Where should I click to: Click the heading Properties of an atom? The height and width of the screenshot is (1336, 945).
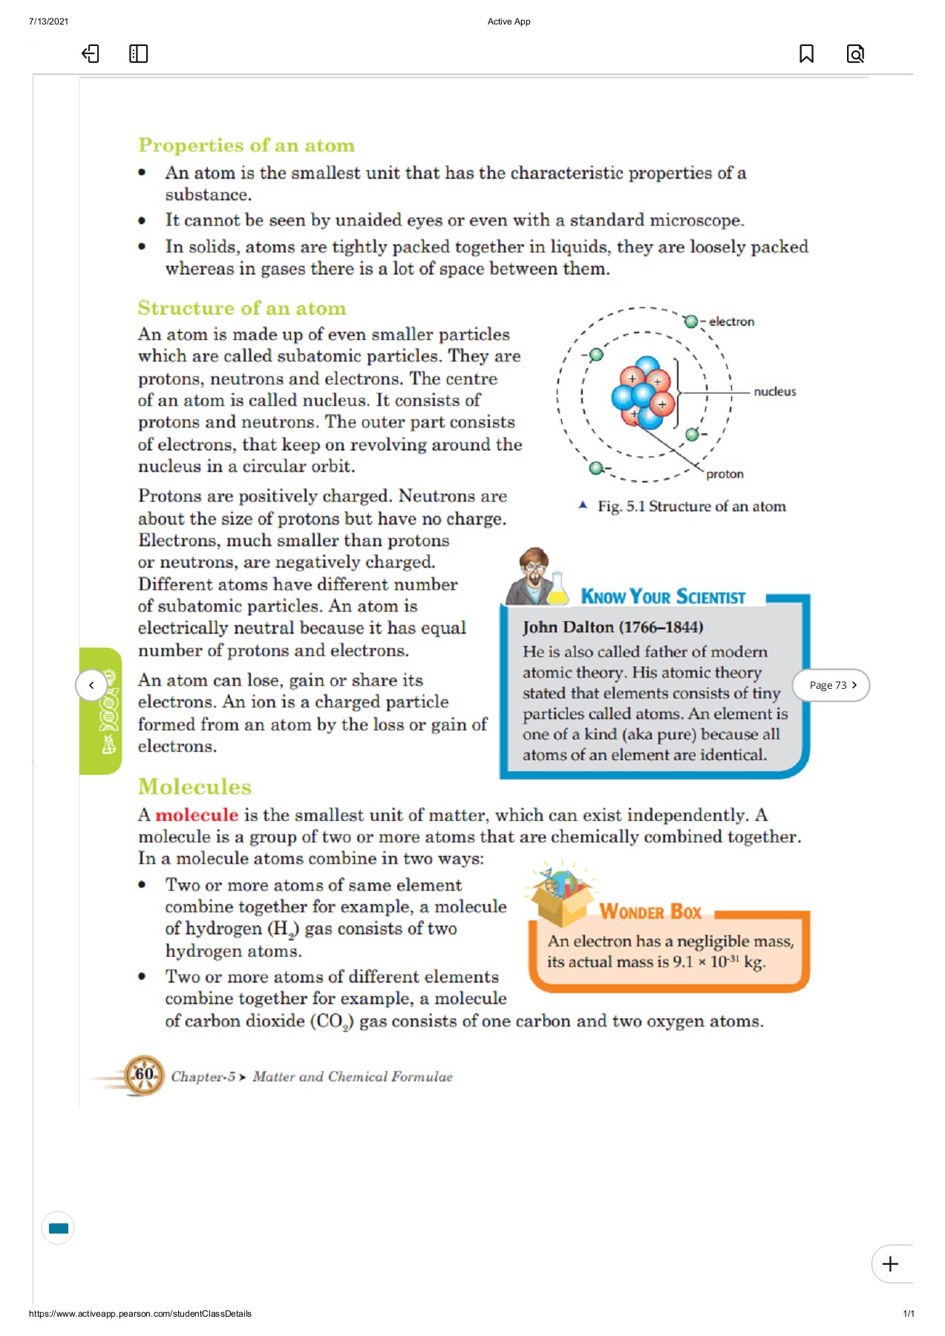coord(246,145)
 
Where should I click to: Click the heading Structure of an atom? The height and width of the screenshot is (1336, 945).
coord(241,308)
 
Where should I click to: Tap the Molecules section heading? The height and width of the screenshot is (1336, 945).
coord(194,787)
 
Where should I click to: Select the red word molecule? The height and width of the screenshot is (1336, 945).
coord(197,815)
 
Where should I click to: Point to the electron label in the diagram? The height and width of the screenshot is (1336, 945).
coord(731,321)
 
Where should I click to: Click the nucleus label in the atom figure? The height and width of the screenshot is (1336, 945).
coord(774,392)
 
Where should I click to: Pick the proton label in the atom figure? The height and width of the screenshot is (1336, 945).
coord(725,474)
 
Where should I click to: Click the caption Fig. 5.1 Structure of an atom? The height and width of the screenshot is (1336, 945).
coord(691,506)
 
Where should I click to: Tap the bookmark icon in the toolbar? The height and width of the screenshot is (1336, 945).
coord(806,53)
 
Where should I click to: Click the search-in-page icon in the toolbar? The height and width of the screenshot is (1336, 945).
coord(855,53)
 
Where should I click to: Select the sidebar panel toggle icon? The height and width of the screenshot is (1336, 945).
coord(138,53)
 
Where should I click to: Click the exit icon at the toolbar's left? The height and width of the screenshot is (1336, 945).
coord(90,53)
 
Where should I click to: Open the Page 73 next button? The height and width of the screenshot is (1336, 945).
coord(831,685)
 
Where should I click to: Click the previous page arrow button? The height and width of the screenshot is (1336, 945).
coord(91,685)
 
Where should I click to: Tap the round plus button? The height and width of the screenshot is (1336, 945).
coord(890,1263)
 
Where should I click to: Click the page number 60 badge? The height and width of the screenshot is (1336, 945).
coord(144,1074)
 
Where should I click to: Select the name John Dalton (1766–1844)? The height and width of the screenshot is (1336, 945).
coord(612,627)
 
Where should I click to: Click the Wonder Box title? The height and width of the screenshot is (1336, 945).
coord(650,911)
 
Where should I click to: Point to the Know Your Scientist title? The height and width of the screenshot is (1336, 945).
coord(663,597)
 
